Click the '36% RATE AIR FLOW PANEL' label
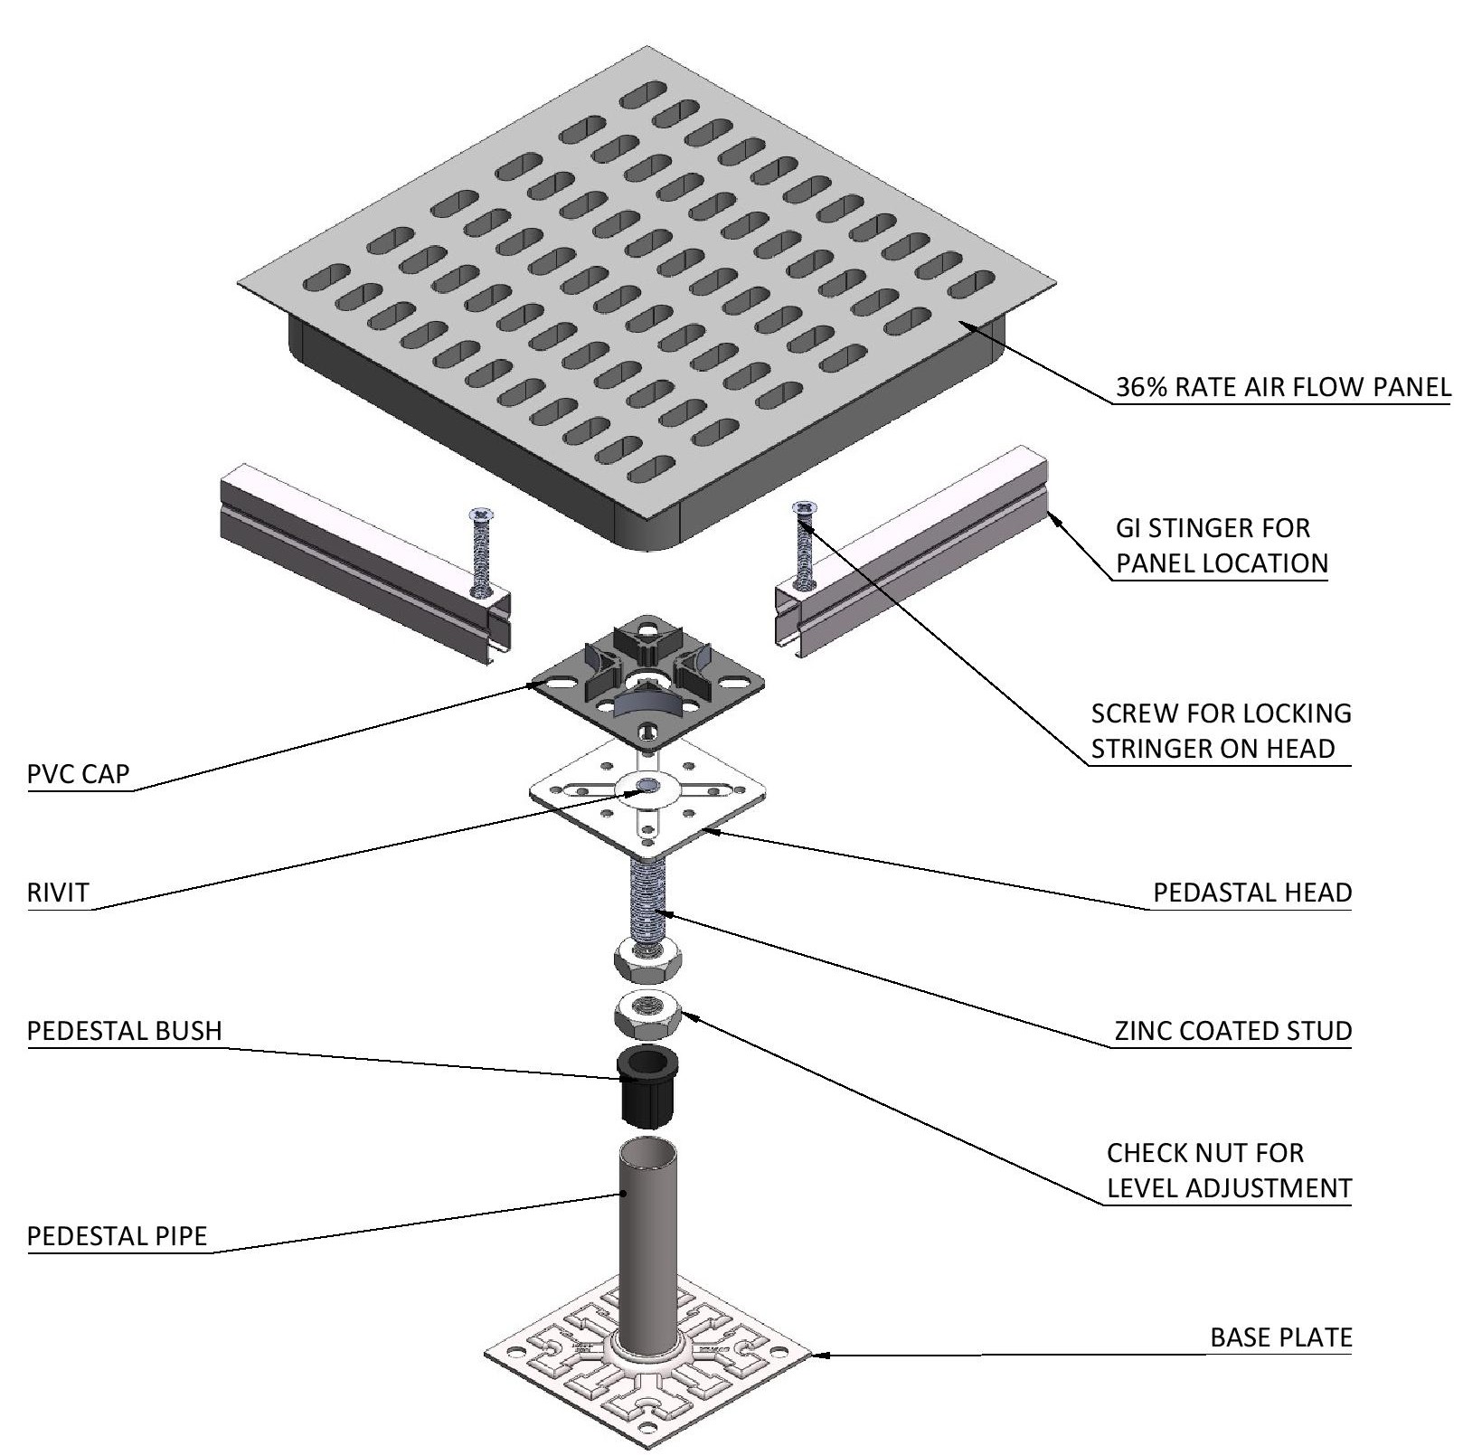[x=1282, y=388]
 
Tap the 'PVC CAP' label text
[x=79, y=774]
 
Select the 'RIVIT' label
[x=59, y=893]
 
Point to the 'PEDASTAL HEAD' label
[x=1251, y=893]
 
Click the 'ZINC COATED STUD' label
[x=1232, y=1031]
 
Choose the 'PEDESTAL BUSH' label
[x=125, y=1031]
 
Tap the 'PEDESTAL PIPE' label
[x=118, y=1235]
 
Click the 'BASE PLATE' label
[x=1280, y=1337]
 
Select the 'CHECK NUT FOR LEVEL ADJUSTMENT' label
[x=1229, y=1170]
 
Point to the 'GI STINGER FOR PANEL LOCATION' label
[x=1221, y=545]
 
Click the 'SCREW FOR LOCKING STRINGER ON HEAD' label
[x=1221, y=731]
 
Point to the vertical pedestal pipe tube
[x=647, y=1239]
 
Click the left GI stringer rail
[x=362, y=552]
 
